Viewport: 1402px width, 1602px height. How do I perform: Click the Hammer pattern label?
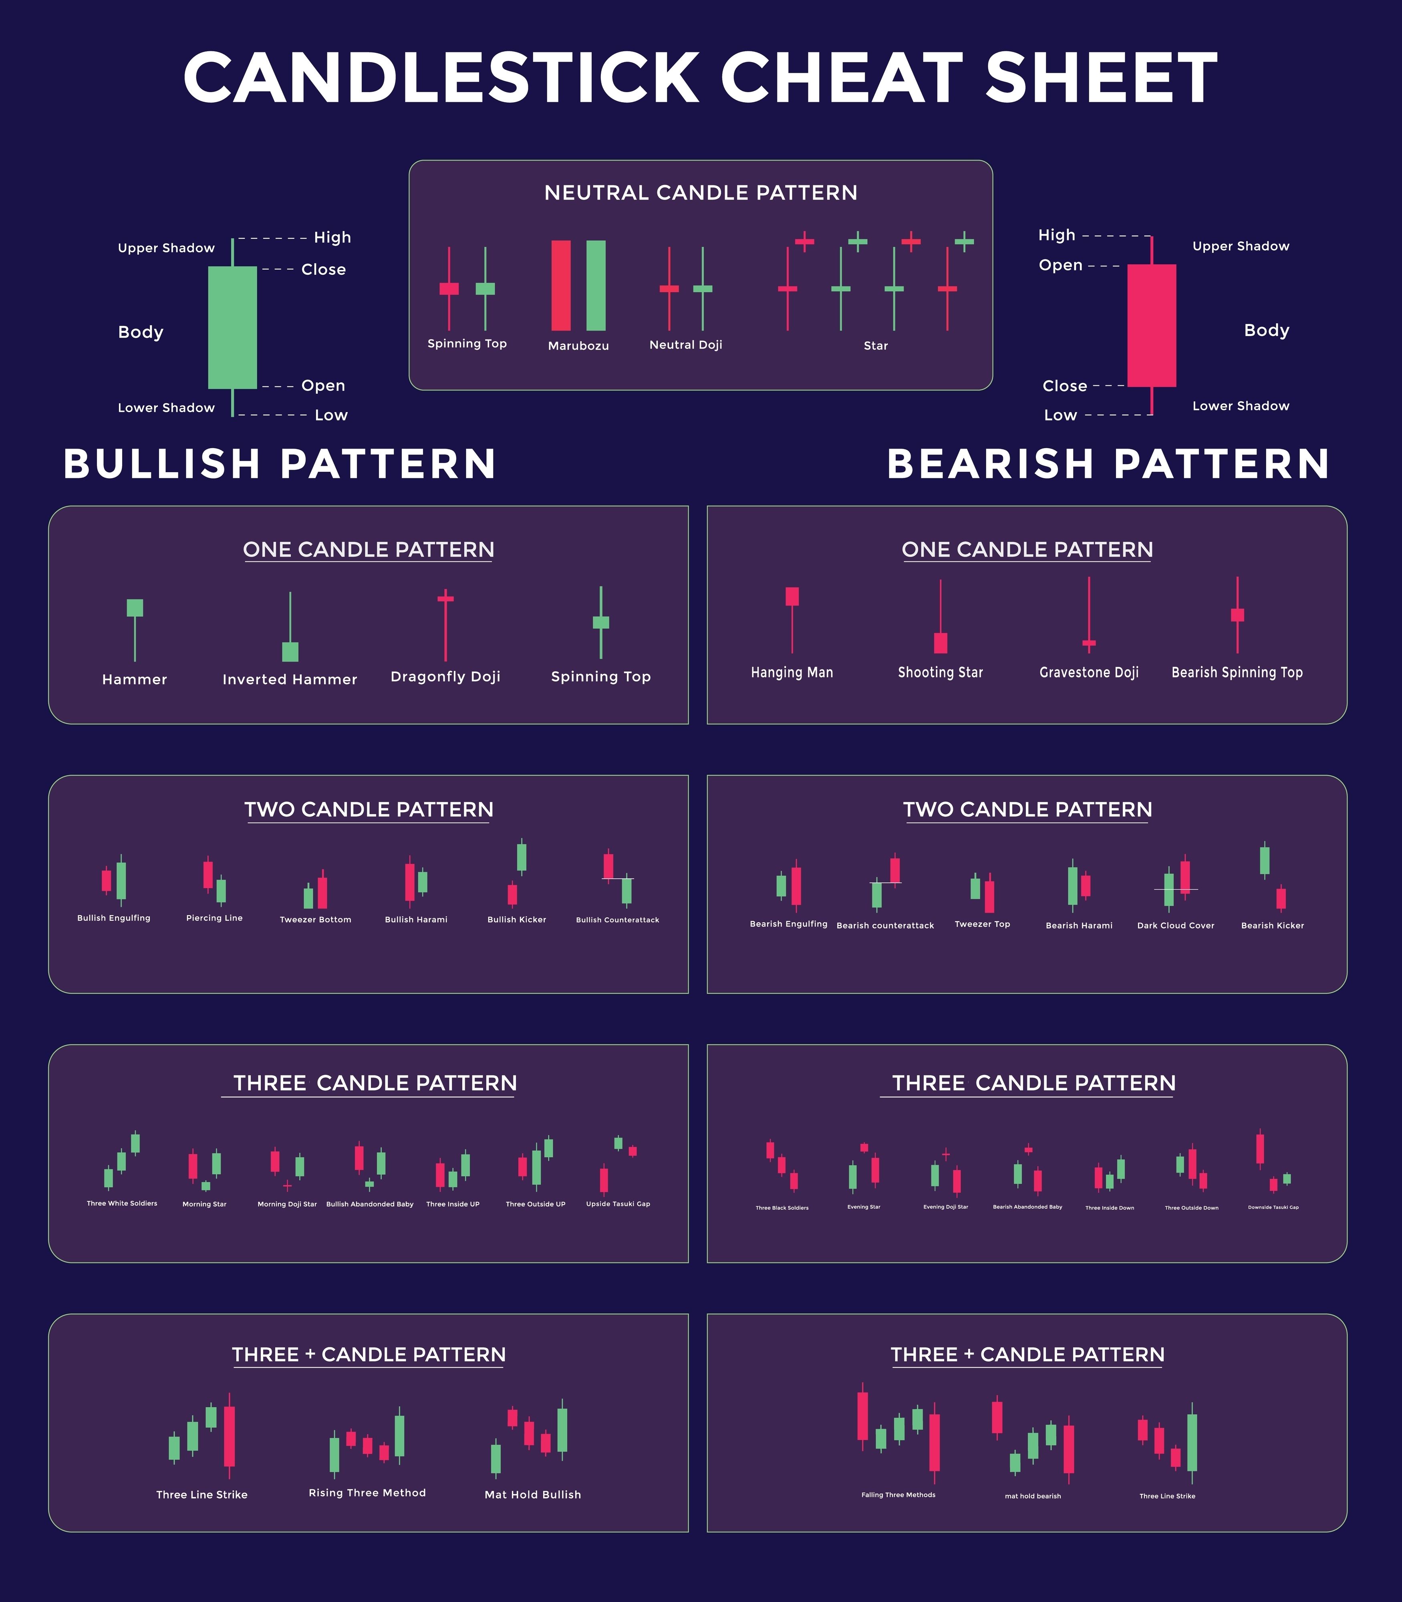[135, 679]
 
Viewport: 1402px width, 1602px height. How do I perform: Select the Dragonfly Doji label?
[445, 676]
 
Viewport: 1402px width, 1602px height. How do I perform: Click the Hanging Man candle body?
[792, 596]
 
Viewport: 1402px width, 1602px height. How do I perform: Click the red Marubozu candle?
[561, 286]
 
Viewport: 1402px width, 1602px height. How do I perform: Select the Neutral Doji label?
[685, 345]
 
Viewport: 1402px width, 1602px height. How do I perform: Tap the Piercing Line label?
[214, 918]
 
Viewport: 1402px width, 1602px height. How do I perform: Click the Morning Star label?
[204, 1204]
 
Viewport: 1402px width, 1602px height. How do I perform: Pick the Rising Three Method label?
[367, 1493]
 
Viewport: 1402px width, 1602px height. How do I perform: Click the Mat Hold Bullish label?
[533, 1494]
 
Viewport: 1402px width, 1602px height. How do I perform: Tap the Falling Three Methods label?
[898, 1495]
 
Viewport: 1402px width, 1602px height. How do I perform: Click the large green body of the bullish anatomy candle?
[232, 327]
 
